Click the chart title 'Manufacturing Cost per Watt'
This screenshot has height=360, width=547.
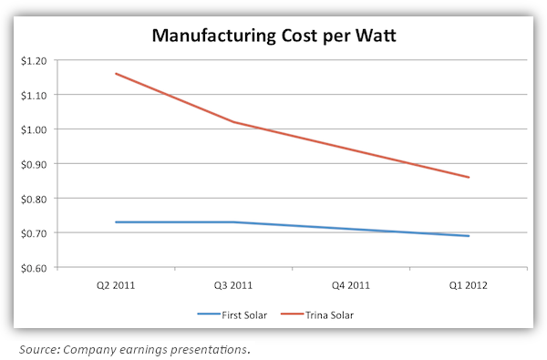pos(273,37)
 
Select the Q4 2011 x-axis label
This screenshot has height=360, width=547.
pos(351,284)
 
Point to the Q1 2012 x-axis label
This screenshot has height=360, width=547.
pos(469,284)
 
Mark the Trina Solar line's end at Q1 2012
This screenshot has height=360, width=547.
pos(469,178)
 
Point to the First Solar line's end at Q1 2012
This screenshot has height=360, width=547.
pos(469,236)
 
